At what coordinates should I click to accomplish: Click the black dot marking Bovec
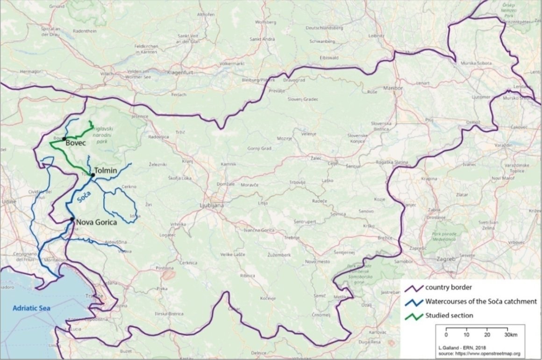(64, 139)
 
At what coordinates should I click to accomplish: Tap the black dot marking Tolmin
(93, 175)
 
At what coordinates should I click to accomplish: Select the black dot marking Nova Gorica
(71, 219)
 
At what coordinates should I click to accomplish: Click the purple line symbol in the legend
(413, 287)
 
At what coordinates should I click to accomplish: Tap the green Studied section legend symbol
(413, 315)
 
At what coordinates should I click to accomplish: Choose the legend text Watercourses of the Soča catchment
(481, 301)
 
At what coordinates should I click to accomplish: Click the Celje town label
(332, 163)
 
